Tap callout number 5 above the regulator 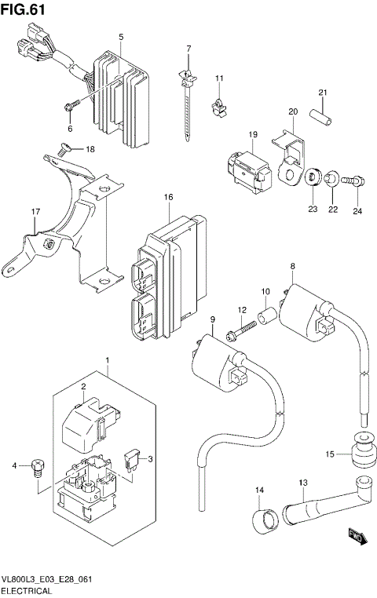[x=121, y=37]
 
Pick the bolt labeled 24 [x=354, y=182]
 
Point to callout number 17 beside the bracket [x=35, y=212]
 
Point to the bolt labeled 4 [x=36, y=469]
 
